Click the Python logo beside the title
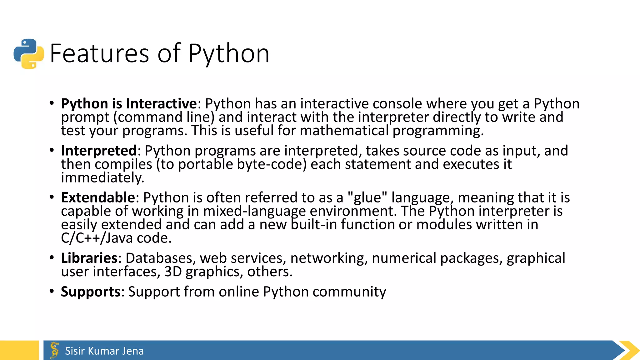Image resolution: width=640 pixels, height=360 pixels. [x=29, y=54]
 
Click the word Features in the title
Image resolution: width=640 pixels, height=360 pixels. [x=99, y=54]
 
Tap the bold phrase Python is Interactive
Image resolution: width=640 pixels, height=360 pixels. [x=129, y=103]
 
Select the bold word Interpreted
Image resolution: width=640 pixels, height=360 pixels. [x=99, y=151]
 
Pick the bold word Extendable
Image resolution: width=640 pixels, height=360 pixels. [x=98, y=197]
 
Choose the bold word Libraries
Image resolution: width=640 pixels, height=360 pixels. [x=89, y=258]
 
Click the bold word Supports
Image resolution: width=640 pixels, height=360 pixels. [x=91, y=292]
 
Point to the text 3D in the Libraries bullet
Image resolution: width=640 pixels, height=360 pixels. [x=173, y=272]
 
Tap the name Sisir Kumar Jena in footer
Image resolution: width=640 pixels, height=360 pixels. [x=104, y=351]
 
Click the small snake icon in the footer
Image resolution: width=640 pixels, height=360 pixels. [x=55, y=350]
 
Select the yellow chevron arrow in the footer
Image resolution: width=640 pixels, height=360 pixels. [x=629, y=350]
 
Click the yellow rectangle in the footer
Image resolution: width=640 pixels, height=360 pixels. [x=19, y=350]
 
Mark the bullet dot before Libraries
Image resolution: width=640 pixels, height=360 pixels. [x=52, y=258]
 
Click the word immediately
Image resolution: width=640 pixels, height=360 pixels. [x=102, y=178]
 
